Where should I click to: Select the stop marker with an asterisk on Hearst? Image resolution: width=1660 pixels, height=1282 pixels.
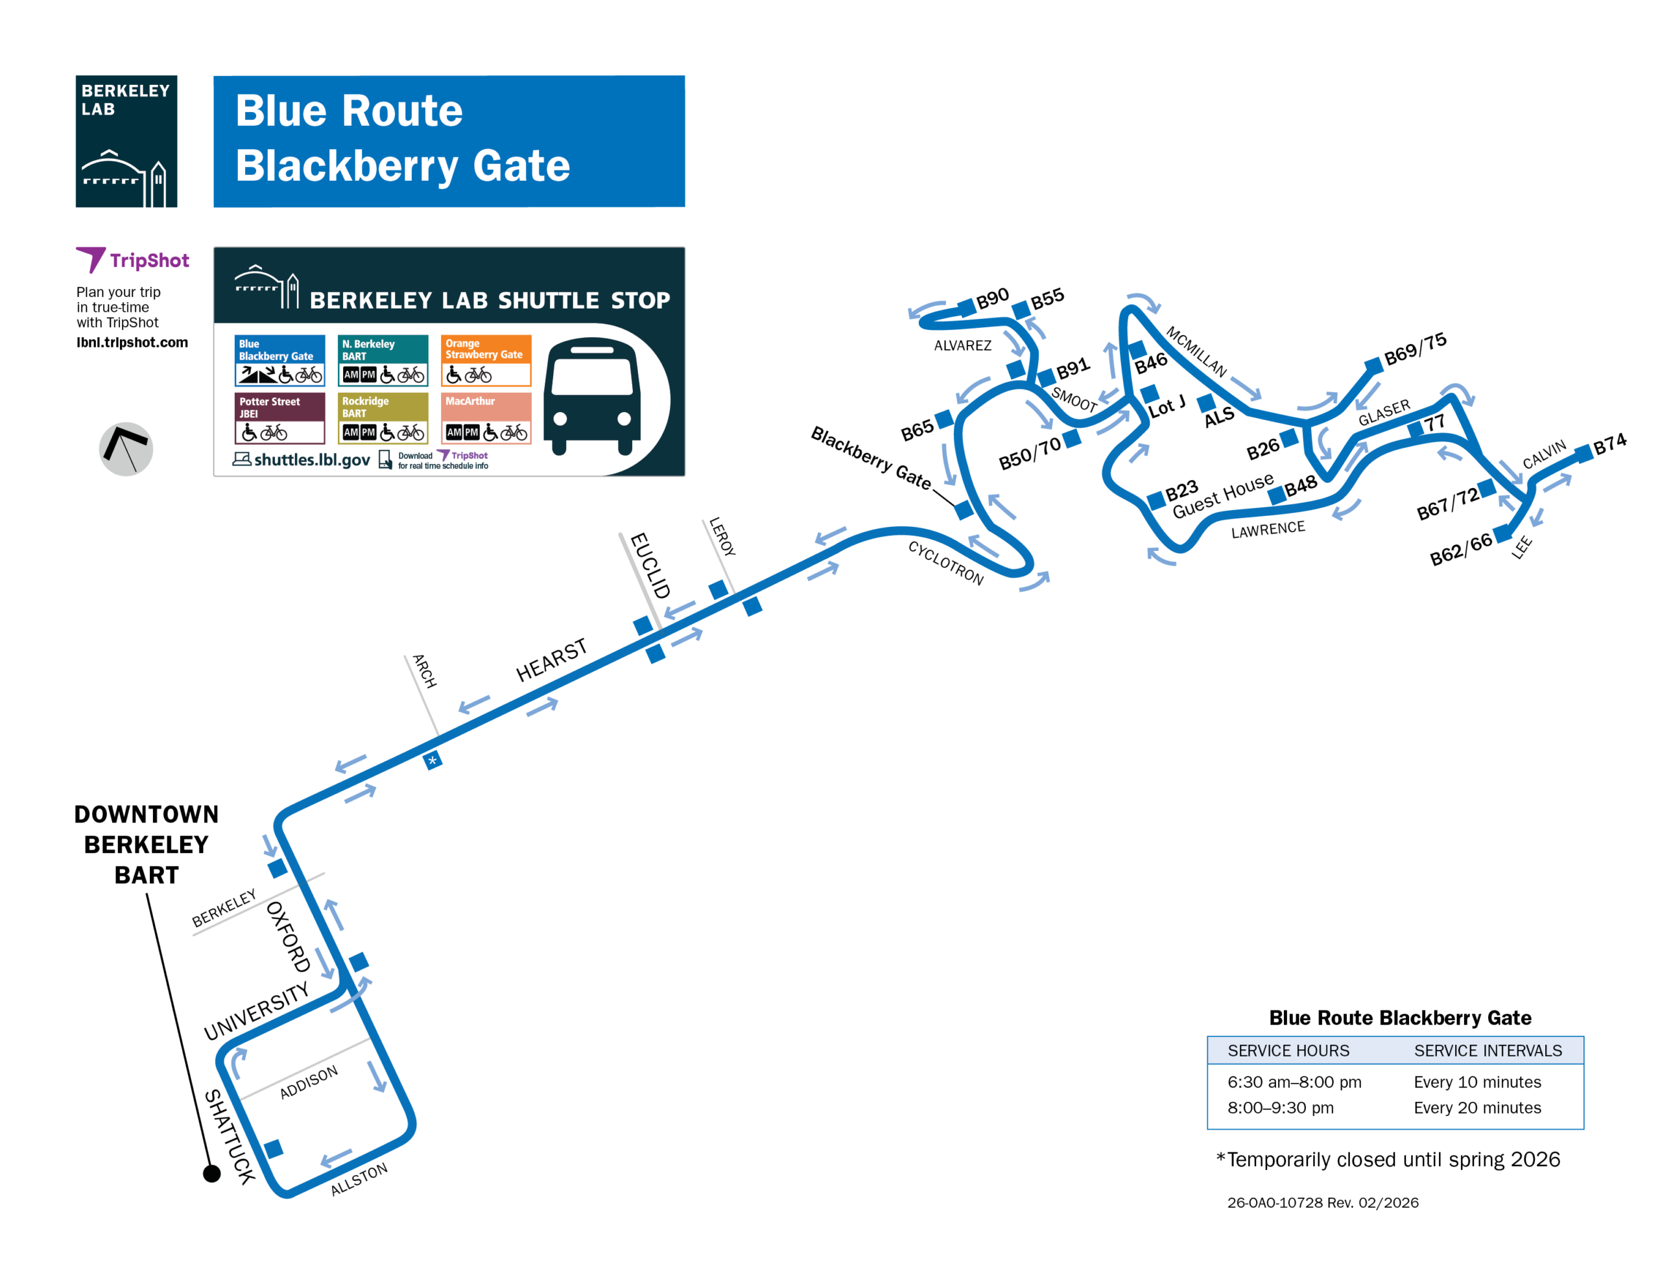pos(433,760)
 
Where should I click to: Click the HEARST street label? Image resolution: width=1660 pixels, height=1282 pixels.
pos(551,660)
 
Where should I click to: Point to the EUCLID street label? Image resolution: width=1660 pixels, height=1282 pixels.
pos(650,565)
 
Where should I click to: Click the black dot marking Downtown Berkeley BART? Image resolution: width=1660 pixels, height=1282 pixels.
pos(212,1173)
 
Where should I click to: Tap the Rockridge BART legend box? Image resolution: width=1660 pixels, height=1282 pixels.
pos(383,417)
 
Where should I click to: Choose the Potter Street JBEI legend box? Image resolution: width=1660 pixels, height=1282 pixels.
pos(279,417)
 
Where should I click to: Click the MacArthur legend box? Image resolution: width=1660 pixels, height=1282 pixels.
pos(486,417)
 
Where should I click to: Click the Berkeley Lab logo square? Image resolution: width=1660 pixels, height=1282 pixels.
pos(126,141)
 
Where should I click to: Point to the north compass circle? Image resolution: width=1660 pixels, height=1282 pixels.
pos(126,449)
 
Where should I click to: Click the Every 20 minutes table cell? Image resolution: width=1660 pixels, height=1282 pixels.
pos(1477,1107)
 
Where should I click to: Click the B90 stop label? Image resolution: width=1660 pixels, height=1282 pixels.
pos(992,299)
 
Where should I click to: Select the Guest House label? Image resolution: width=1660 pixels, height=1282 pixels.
pos(1222,495)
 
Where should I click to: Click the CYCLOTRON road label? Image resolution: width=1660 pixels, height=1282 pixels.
pos(945,563)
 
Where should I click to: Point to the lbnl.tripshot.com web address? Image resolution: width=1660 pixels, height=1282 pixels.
pos(132,342)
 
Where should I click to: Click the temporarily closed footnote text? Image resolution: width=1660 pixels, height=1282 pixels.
pos(1388,1159)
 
